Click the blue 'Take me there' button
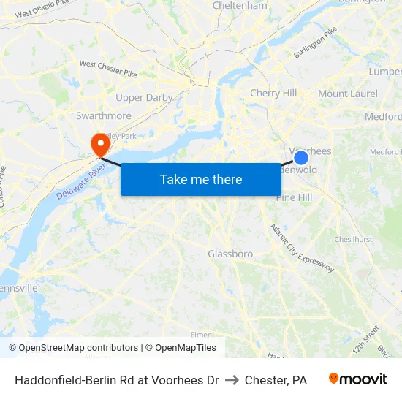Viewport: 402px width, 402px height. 201,179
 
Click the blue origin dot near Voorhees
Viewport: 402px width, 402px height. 300,157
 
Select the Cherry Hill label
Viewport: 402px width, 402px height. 273,93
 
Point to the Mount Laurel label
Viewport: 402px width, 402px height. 348,94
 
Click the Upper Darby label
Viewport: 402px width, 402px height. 144,97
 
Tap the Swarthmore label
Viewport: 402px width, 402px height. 104,115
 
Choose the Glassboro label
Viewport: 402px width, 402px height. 230,254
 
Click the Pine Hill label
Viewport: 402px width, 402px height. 295,197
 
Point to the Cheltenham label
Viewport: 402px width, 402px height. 240,6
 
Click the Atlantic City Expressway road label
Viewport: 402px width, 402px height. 302,249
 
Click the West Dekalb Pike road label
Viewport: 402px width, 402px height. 42,10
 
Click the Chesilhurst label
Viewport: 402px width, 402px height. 354,239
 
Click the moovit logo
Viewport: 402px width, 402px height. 358,379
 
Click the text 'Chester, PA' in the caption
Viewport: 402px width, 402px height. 276,380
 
